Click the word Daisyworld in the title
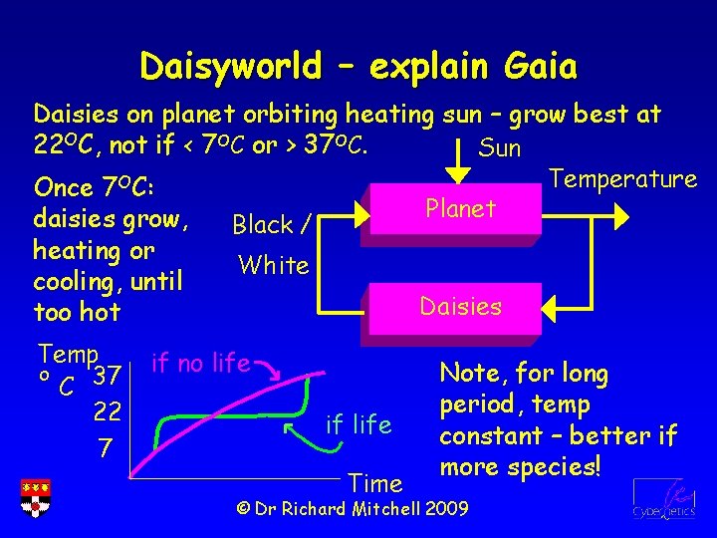point(230,67)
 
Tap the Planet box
point(459,209)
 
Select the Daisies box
point(459,307)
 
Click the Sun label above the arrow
point(500,149)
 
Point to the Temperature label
point(622,179)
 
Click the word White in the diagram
point(273,265)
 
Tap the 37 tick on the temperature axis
point(107,377)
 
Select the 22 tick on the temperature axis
point(107,411)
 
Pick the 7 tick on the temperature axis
point(105,449)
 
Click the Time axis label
point(375,483)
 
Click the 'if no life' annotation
point(200,363)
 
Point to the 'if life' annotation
point(358,425)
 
